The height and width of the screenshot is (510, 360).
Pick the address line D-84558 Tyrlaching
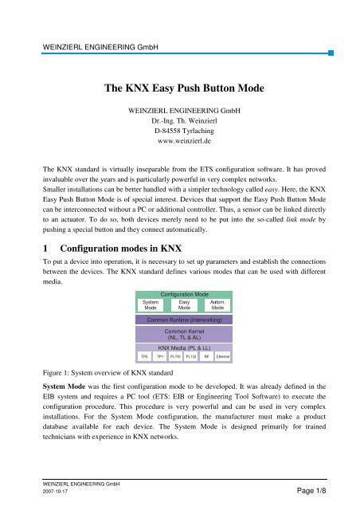pos(179,134)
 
